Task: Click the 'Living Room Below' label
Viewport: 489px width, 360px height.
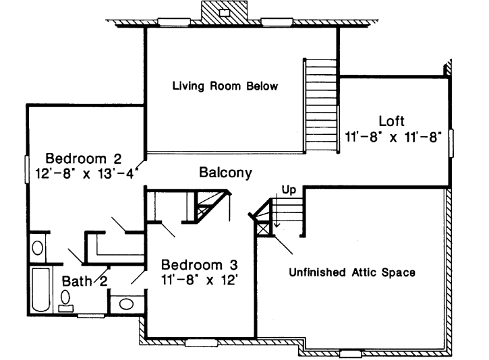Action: click(x=225, y=86)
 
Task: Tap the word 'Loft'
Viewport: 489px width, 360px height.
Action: click(x=391, y=121)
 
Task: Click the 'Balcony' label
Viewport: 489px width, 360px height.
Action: click(x=225, y=173)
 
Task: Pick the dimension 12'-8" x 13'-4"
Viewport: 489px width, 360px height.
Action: click(x=86, y=173)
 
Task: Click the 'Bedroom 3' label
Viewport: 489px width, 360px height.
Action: click(x=199, y=264)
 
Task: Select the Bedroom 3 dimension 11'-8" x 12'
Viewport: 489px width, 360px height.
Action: click(x=199, y=278)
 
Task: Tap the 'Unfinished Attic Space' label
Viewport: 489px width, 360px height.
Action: click(x=351, y=273)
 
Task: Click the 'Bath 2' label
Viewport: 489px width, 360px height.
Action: click(x=86, y=280)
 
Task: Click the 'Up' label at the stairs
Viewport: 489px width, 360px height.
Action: click(x=289, y=190)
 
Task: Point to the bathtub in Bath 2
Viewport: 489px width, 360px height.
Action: click(x=41, y=290)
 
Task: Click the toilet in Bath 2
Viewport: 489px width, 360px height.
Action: click(x=66, y=299)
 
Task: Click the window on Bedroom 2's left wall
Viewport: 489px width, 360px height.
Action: click(x=27, y=165)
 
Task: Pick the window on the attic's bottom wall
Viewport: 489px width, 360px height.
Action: click(x=350, y=353)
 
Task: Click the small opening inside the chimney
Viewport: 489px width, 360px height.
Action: click(x=227, y=12)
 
